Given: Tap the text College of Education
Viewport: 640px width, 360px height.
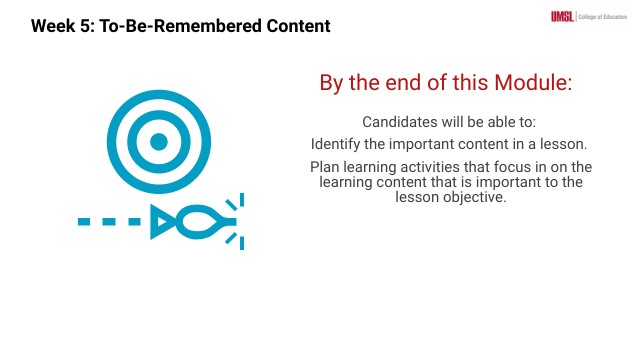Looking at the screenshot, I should tap(604, 15).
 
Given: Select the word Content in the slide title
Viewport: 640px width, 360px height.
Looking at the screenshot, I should tap(289, 26).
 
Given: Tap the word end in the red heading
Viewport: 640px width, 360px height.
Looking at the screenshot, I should tap(409, 83).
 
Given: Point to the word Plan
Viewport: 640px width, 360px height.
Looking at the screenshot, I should tap(325, 167).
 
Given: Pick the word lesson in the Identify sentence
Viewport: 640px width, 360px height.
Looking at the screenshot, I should tap(563, 144).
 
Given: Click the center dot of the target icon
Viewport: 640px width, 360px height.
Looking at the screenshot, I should tap(158, 142).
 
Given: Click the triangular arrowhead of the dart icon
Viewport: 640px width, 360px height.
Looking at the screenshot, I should tap(162, 221).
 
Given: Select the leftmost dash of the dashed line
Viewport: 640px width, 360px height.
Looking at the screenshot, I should tap(86, 221).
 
